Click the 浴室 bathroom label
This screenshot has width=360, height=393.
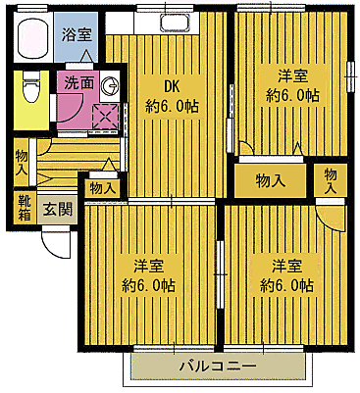tap(77, 33)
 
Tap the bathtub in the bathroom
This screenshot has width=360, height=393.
tap(35, 38)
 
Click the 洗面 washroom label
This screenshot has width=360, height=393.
tap(80, 83)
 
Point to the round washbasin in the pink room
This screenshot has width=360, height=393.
tap(111, 85)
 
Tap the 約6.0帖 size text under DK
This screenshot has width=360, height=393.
tap(172, 105)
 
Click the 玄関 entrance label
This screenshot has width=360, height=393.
tap(57, 209)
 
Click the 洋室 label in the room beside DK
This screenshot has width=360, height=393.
tap(291, 74)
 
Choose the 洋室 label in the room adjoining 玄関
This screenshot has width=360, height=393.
tap(149, 265)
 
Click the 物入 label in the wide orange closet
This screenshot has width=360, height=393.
tap(270, 179)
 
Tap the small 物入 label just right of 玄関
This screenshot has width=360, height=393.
tap(102, 187)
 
